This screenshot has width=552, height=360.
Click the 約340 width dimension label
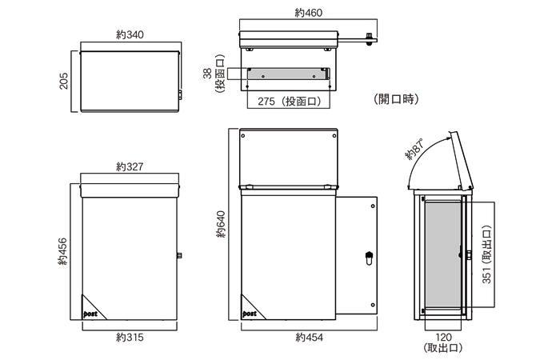(129, 37)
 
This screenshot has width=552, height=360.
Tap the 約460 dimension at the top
(308, 13)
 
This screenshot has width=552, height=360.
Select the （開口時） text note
(396, 100)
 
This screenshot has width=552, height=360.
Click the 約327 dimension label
(129, 167)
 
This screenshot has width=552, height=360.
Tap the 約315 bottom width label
(129, 338)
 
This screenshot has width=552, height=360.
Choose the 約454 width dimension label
(309, 338)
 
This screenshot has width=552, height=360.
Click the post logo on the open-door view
(250, 314)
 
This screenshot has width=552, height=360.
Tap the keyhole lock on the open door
(367, 258)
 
